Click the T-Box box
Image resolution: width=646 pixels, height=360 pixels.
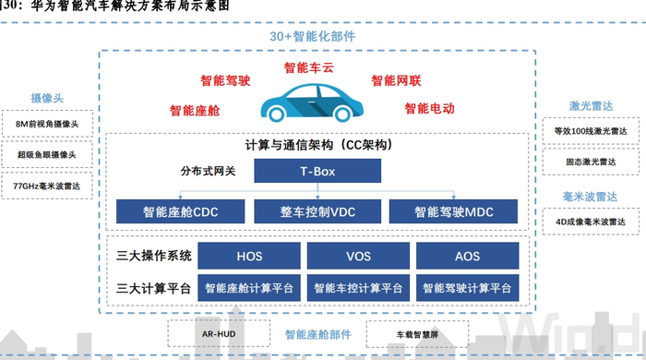317,171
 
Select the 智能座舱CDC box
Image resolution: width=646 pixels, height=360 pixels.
179,211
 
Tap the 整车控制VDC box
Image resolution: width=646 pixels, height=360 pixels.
317,211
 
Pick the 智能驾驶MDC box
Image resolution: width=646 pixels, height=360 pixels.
454,211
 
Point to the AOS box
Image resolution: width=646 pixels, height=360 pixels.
467,256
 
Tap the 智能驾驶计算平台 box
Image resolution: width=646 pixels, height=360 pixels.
467,289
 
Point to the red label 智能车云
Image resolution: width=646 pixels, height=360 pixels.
310,66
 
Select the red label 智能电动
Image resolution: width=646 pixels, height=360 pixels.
429,109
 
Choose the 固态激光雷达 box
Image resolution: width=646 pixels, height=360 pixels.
593,162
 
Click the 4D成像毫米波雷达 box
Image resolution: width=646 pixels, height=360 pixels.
593,222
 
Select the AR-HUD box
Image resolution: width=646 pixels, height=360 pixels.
214,333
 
